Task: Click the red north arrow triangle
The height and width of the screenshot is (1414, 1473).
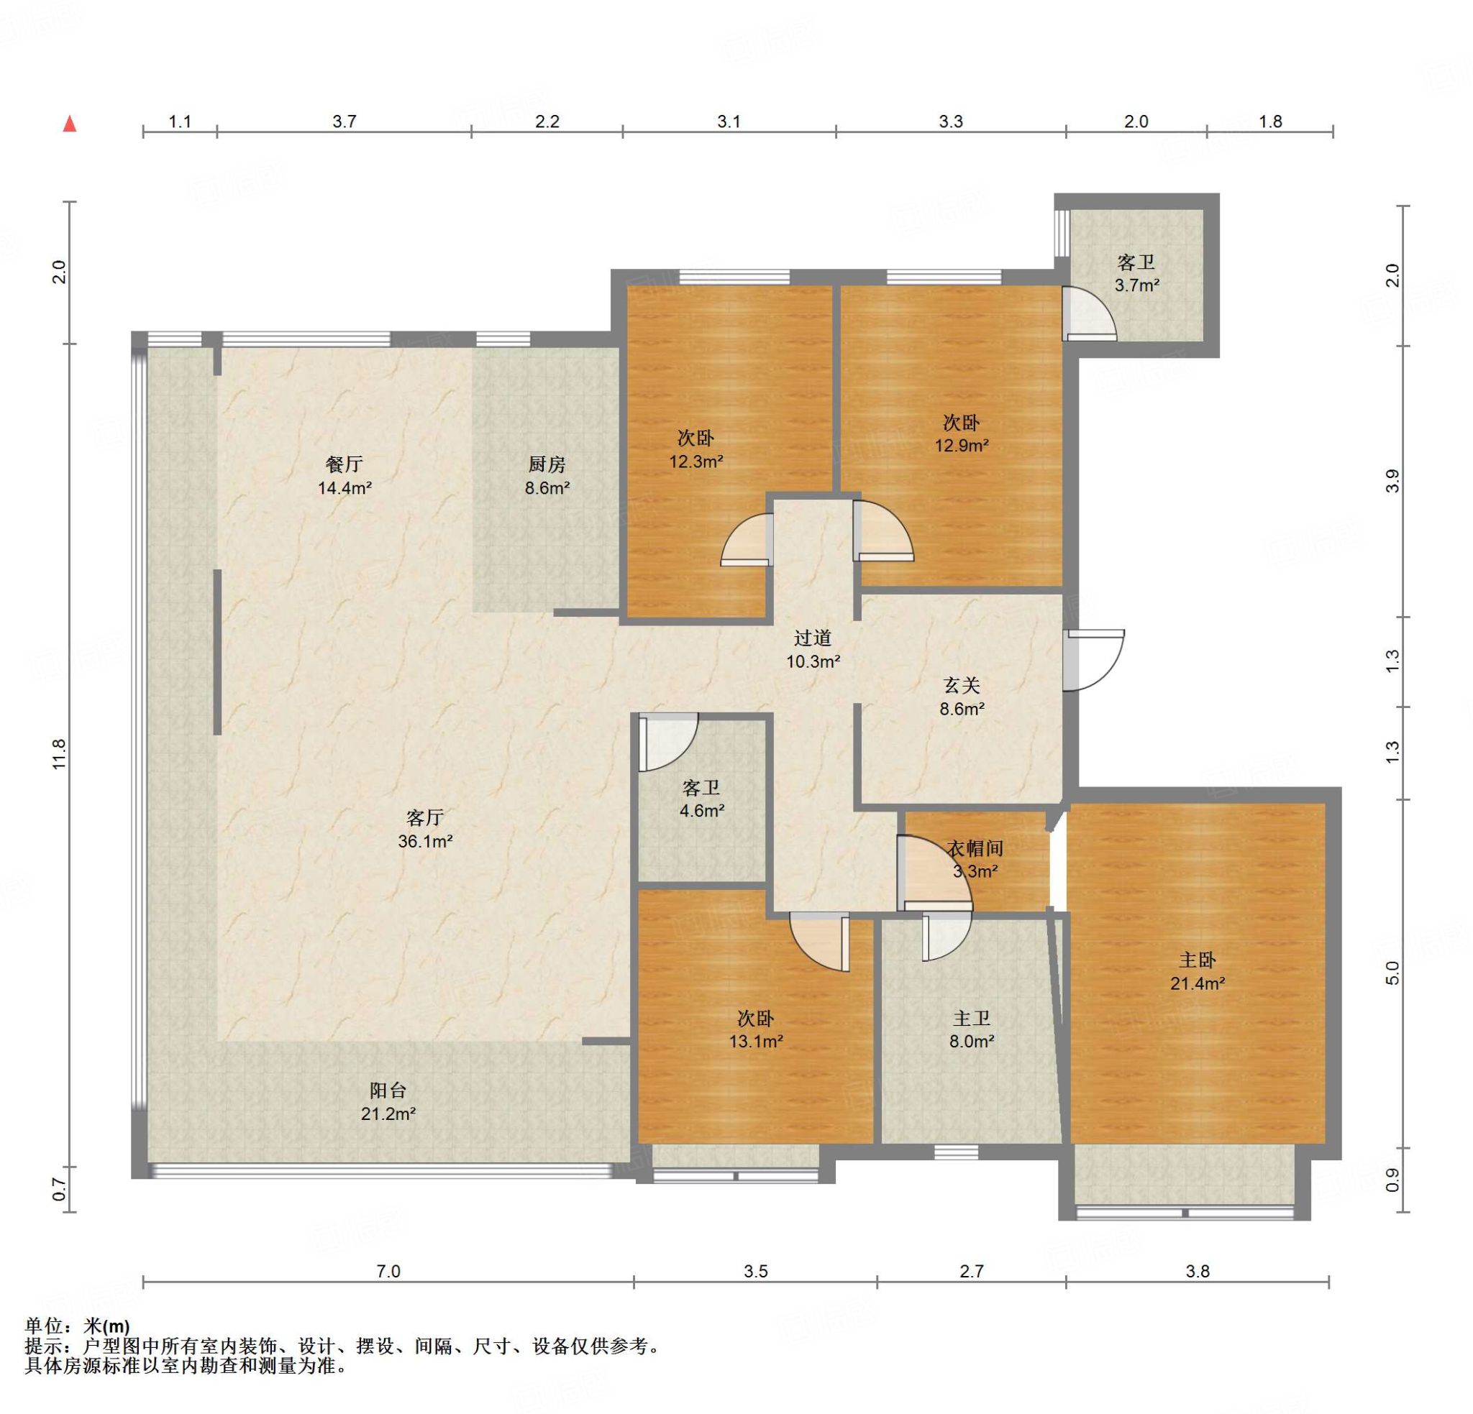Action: click(70, 123)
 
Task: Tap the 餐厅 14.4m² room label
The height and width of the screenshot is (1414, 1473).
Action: click(345, 476)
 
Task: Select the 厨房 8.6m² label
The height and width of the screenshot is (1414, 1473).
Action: click(547, 476)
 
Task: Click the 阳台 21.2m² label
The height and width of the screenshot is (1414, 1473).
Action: click(388, 1101)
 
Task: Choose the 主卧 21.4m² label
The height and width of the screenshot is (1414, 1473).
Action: click(1198, 971)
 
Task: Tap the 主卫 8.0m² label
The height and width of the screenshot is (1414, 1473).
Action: click(972, 1030)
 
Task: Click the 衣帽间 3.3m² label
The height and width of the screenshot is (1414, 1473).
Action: click(975, 860)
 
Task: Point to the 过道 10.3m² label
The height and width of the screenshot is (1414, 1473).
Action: click(813, 650)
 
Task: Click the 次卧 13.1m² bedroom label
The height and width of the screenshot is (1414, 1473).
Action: click(756, 1030)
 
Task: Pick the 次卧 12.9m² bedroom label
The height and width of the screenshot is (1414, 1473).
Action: click(962, 433)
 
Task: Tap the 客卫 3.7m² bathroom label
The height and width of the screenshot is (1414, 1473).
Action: click(1137, 273)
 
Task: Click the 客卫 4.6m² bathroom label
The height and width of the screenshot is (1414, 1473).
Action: click(702, 799)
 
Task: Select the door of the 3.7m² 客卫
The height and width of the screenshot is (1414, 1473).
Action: click(1089, 314)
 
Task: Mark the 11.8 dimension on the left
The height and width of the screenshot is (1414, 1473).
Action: click(60, 753)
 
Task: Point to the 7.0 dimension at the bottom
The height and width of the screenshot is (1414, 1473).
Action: click(388, 1271)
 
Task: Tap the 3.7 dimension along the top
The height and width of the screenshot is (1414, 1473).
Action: click(345, 121)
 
